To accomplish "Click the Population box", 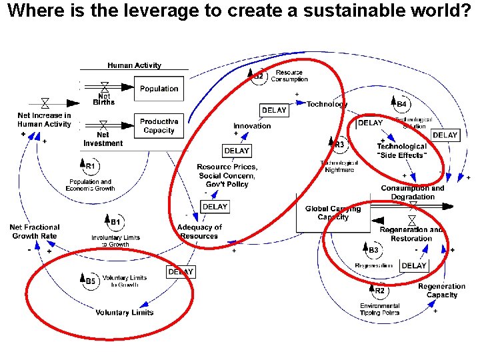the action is [x=159, y=89].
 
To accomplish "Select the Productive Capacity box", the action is [x=159, y=126].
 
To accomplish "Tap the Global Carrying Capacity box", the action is [x=333, y=213].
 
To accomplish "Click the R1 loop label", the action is [x=90, y=166].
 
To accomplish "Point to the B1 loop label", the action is [x=115, y=221].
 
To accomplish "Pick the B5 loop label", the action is [x=91, y=281].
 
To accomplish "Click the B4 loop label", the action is [x=401, y=104].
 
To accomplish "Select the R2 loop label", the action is [x=379, y=291].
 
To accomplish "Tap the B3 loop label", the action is [x=373, y=250].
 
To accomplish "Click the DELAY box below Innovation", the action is [x=237, y=151].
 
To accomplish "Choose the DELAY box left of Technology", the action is [x=274, y=110].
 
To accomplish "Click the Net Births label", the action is [x=103, y=99].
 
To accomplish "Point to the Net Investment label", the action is [x=103, y=139].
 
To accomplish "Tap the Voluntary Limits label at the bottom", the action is [x=125, y=313].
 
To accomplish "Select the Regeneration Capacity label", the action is [x=442, y=291].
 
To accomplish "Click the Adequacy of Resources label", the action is [x=199, y=231].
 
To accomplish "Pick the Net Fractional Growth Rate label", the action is [x=35, y=231].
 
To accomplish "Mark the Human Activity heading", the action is [x=134, y=65].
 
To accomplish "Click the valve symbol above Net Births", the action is [x=104, y=86].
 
